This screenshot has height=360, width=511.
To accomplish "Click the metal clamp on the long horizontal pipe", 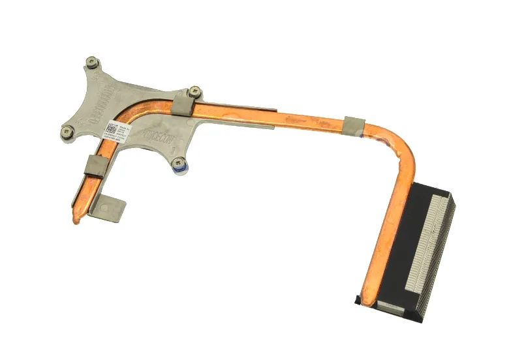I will pyautogui.click(x=353, y=125).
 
